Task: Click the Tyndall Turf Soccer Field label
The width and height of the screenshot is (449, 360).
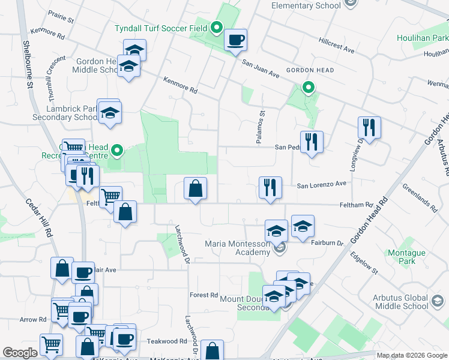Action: pos(161,28)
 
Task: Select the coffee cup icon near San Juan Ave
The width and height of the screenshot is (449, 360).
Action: pos(235,40)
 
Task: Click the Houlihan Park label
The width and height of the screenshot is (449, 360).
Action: pos(423,38)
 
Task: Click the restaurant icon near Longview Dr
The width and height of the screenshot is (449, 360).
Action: pos(369,127)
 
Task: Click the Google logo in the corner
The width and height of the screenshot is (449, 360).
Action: pos(20,353)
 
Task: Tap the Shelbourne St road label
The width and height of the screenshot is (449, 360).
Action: pos(27,66)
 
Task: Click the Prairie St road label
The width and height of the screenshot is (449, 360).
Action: pos(61,20)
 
